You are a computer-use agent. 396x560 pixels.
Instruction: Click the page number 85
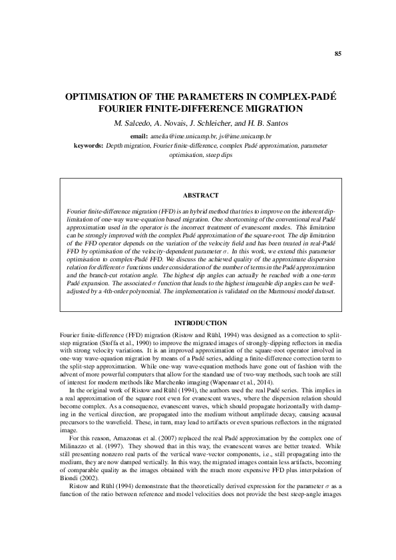click(x=338, y=53)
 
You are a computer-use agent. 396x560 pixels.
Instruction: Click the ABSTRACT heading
click(x=200, y=196)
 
